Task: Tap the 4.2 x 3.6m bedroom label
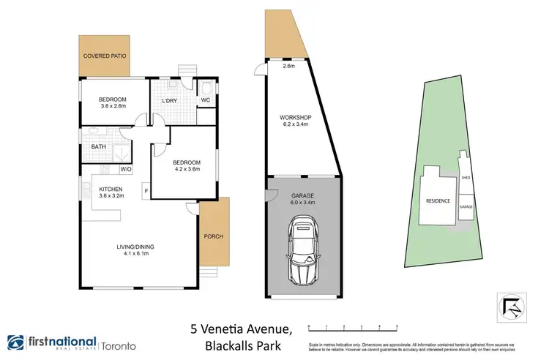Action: [x=186, y=165]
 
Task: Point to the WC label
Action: [x=206, y=100]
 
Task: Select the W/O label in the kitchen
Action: [x=125, y=169]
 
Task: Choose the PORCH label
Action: [x=214, y=236]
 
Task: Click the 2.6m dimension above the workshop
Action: [x=288, y=66]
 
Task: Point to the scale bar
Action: [x=352, y=323]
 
